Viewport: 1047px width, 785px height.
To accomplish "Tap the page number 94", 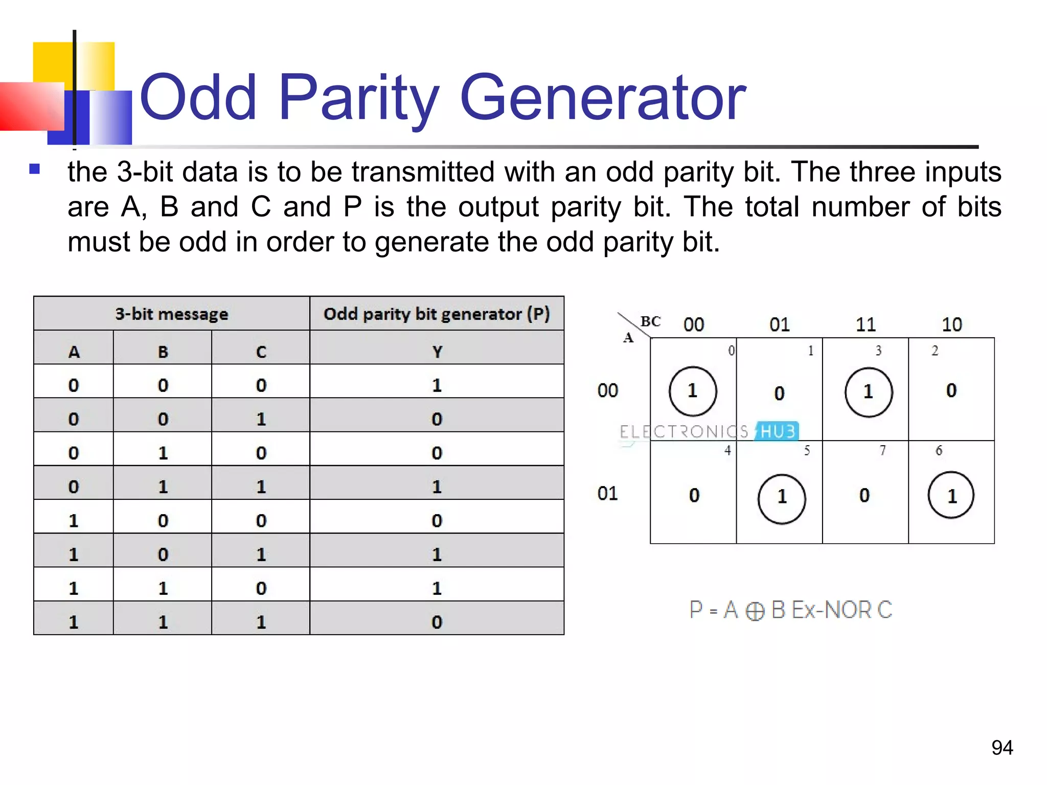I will pyautogui.click(x=1002, y=748).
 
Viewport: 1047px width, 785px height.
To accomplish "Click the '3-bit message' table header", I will pyautogui.click(x=171, y=313).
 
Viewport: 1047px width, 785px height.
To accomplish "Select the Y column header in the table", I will pyautogui.click(x=437, y=352).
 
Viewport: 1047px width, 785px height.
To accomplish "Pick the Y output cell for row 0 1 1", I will pyautogui.click(x=437, y=487).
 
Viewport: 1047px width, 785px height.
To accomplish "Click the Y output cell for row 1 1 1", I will pyautogui.click(x=437, y=622).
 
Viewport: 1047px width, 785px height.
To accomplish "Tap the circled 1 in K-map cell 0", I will pyautogui.click(x=693, y=391).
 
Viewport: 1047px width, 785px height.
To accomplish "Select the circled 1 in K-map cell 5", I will pyautogui.click(x=782, y=497).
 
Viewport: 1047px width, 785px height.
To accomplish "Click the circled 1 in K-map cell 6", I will pyautogui.click(x=951, y=496).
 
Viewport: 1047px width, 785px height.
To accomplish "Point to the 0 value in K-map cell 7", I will pyautogui.click(x=864, y=495).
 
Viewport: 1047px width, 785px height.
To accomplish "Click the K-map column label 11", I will pyautogui.click(x=866, y=325).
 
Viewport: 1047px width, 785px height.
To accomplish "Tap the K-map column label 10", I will pyautogui.click(x=951, y=325).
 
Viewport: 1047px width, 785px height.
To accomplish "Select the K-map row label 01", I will pyautogui.click(x=607, y=493).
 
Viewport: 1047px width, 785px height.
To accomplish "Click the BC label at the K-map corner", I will pyautogui.click(x=650, y=321).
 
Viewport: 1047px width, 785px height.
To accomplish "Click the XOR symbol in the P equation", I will pyautogui.click(x=755, y=611).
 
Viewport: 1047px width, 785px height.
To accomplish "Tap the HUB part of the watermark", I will pyautogui.click(x=778, y=431).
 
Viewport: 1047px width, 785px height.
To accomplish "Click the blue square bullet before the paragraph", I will pyautogui.click(x=35, y=169).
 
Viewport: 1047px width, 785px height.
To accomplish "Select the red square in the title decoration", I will pyautogui.click(x=31, y=106).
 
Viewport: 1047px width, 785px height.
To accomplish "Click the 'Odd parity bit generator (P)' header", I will pyautogui.click(x=437, y=313).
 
